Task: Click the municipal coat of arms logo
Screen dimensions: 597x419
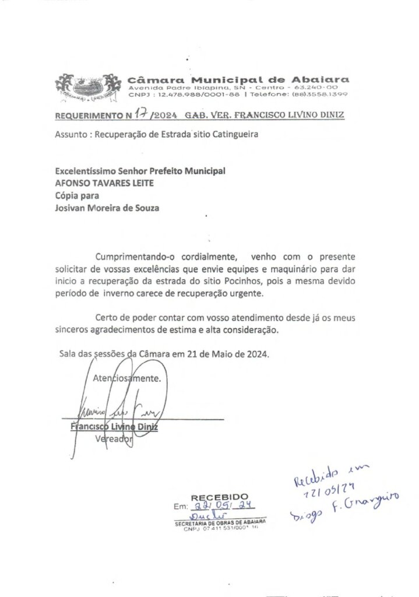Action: pyautogui.click(x=88, y=87)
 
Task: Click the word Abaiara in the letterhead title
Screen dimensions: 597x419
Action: pyautogui.click(x=322, y=79)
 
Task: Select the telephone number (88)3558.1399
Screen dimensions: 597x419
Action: pyautogui.click(x=322, y=94)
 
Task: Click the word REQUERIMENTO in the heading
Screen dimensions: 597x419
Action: pyautogui.click(x=84, y=116)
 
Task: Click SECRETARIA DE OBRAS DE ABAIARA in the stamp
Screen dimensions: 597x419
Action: pyautogui.click(x=220, y=524)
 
